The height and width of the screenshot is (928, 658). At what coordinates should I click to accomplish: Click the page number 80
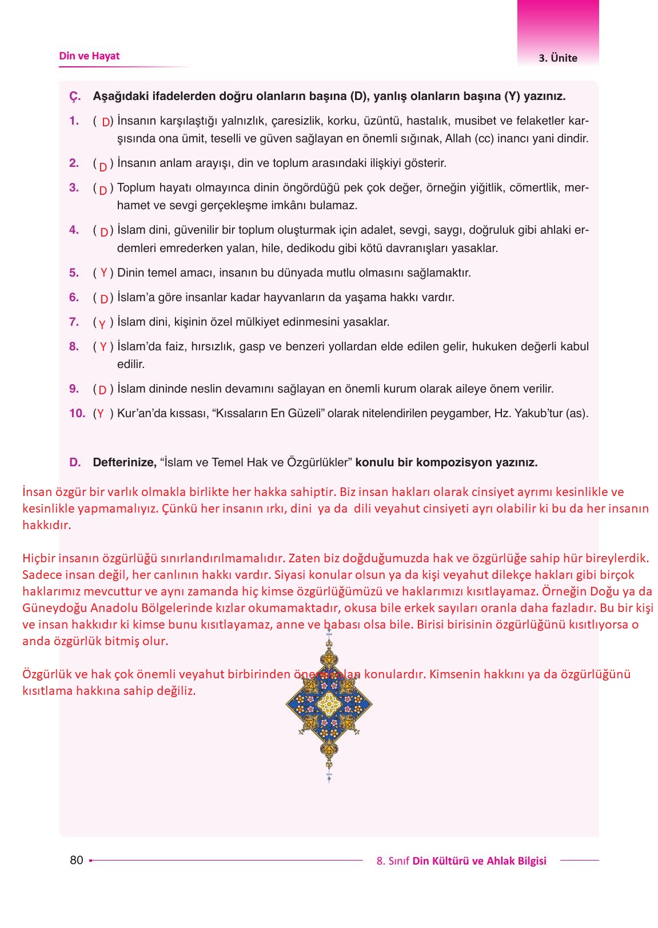pyautogui.click(x=76, y=860)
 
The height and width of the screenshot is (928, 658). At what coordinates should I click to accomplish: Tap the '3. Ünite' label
pyautogui.click(x=557, y=58)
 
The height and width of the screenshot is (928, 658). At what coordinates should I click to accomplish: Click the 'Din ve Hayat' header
pyautogui.click(x=89, y=56)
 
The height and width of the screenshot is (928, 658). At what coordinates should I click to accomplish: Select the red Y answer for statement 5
pyautogui.click(x=103, y=273)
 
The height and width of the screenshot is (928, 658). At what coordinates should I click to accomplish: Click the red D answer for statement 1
pyautogui.click(x=106, y=122)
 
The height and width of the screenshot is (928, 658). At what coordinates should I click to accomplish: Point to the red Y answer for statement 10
pyautogui.click(x=101, y=414)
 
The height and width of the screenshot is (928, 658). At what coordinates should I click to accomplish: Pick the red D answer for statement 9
pyautogui.click(x=103, y=390)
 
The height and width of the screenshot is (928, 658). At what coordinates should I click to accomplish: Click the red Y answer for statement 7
pyautogui.click(x=102, y=324)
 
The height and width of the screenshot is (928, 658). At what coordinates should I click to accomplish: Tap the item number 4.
pyautogui.click(x=74, y=230)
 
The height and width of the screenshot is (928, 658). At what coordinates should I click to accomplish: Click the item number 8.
pyautogui.click(x=74, y=346)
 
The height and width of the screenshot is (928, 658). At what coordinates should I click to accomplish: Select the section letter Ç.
pyautogui.click(x=75, y=97)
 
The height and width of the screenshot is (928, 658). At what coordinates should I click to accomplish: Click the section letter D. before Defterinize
pyautogui.click(x=75, y=462)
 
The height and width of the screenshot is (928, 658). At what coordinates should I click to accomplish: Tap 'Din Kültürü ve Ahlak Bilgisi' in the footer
pyautogui.click(x=479, y=861)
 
